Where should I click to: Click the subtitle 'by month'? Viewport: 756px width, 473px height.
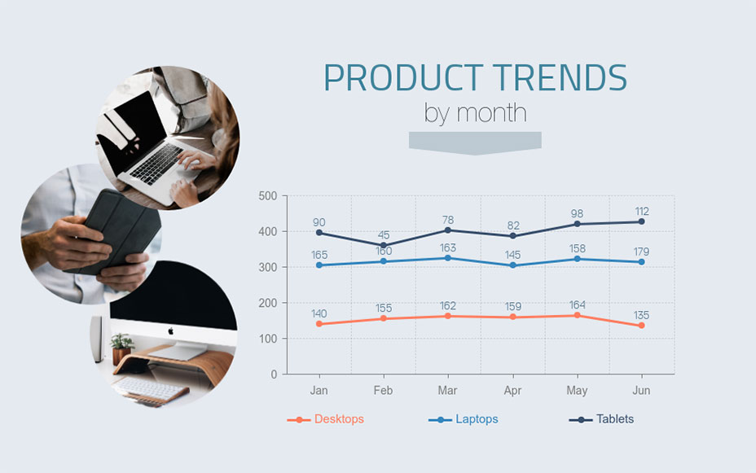pyautogui.click(x=475, y=112)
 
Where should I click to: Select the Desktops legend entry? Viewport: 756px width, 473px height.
pyautogui.click(x=338, y=419)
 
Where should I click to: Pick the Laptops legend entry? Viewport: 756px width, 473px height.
pyautogui.click(x=476, y=419)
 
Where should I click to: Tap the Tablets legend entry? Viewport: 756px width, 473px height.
pyautogui.click(x=614, y=419)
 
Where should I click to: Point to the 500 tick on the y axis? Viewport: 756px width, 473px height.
pyautogui.click(x=267, y=196)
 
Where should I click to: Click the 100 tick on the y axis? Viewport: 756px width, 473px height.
pyautogui.click(x=267, y=339)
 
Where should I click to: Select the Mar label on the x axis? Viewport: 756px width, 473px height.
pyautogui.click(x=447, y=391)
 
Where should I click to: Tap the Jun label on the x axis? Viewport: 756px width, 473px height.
pyautogui.click(x=641, y=391)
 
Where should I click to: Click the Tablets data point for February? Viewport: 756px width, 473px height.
pyautogui.click(x=383, y=245)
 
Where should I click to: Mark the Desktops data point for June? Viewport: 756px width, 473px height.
pyautogui.click(x=641, y=326)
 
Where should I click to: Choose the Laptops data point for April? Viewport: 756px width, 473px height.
pyautogui.click(x=512, y=265)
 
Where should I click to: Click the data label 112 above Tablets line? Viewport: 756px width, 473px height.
pyautogui.click(x=641, y=212)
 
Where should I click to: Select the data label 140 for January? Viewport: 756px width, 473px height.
pyautogui.click(x=319, y=313)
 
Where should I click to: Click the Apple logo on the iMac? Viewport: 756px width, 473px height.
pyautogui.click(x=171, y=331)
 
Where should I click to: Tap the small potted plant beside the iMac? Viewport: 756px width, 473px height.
pyautogui.click(x=122, y=346)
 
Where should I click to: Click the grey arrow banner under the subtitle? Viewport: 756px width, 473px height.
pyautogui.click(x=474, y=142)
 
